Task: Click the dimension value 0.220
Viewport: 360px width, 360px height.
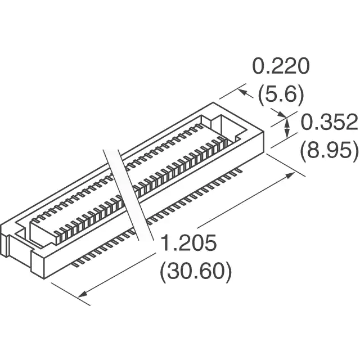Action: point(281,66)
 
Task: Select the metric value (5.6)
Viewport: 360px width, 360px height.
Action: point(281,94)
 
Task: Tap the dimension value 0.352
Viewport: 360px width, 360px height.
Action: point(329,123)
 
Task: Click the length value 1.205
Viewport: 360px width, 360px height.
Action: point(189,242)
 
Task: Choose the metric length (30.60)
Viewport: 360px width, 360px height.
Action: point(196,271)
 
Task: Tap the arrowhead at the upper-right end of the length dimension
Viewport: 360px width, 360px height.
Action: point(290,175)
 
